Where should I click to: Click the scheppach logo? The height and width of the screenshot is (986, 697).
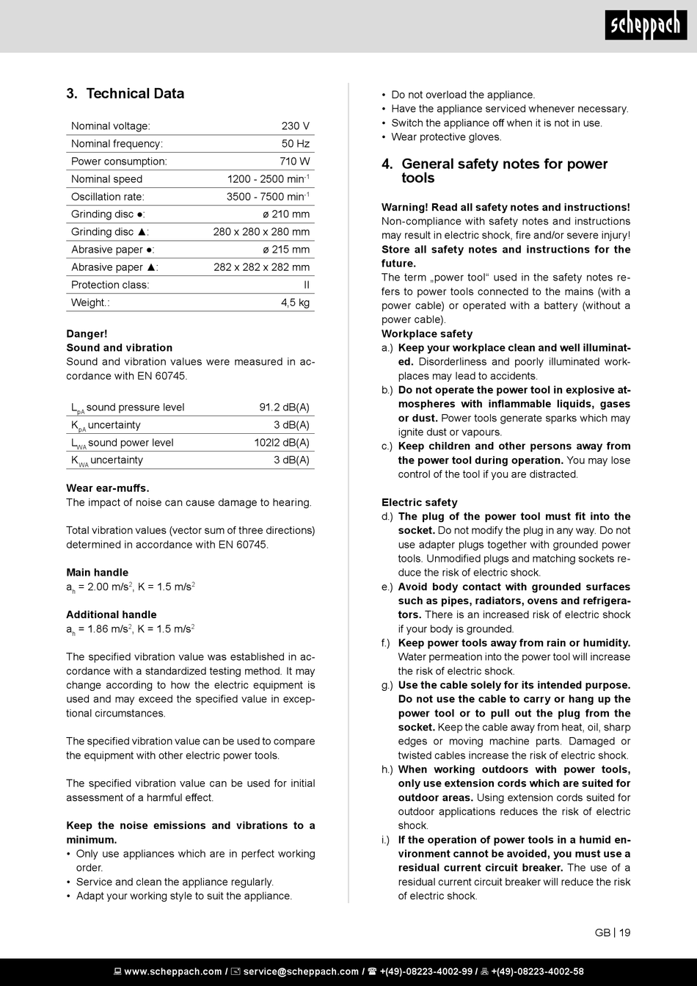point(646,26)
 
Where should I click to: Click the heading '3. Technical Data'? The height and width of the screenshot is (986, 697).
point(125,94)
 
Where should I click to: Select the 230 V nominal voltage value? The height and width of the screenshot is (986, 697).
point(295,126)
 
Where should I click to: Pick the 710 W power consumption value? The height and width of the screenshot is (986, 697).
point(294,162)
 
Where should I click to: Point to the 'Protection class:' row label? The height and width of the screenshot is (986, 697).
point(110,285)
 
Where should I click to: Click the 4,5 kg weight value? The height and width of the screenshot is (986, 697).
point(295,302)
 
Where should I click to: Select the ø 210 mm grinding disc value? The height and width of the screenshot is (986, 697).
point(286,214)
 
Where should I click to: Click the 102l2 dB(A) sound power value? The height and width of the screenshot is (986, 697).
point(282,443)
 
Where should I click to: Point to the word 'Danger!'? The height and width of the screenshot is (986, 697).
point(87,334)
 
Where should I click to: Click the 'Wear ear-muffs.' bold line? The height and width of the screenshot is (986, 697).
point(108,488)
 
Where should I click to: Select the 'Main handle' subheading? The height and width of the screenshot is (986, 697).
point(97,573)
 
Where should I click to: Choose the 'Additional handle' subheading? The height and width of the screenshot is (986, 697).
point(112,615)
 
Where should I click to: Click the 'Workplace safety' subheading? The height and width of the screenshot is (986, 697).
point(427,334)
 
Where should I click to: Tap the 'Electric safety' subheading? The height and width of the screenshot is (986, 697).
point(419,503)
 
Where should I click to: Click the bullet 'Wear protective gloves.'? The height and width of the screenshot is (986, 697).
point(446,137)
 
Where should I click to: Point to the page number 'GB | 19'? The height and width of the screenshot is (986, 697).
point(613,933)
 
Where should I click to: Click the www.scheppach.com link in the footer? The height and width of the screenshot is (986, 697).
point(173,971)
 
